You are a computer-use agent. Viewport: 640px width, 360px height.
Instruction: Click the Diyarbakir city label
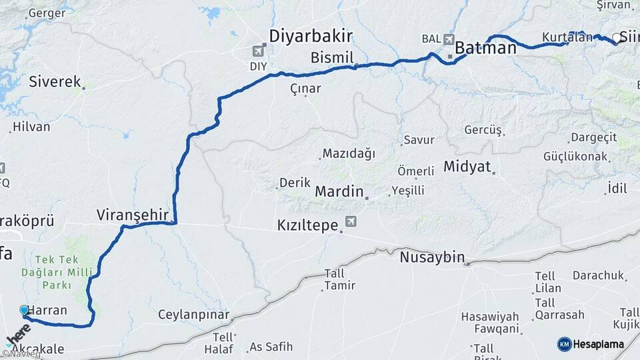pos(310,35)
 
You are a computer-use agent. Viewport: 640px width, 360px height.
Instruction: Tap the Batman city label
pos(485,48)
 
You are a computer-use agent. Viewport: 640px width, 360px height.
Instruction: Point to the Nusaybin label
pos(432,257)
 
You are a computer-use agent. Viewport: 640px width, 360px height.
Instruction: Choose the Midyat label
pos(467,166)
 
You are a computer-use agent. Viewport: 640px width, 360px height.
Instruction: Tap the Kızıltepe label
pos(307,226)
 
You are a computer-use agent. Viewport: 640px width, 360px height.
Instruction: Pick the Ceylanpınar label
pos(193,315)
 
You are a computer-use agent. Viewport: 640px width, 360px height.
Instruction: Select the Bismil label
pos(331,58)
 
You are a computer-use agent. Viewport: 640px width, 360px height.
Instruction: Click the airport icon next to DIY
pos(259,50)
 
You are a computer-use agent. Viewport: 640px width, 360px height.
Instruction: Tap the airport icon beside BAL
pos(448,39)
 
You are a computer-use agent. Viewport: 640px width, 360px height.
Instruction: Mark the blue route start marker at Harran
pos(25,311)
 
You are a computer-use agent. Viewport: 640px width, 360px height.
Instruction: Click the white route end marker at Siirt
pos(617,38)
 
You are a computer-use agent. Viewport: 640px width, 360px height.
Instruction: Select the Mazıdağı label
pos(348,153)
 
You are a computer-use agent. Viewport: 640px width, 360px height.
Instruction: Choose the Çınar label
pos(305,88)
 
